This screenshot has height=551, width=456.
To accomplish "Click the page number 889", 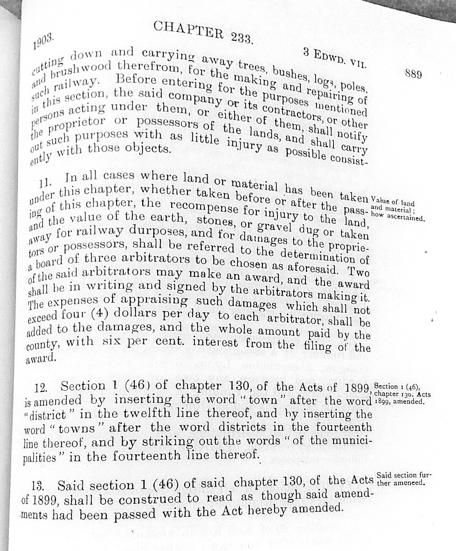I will coord(413,74).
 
